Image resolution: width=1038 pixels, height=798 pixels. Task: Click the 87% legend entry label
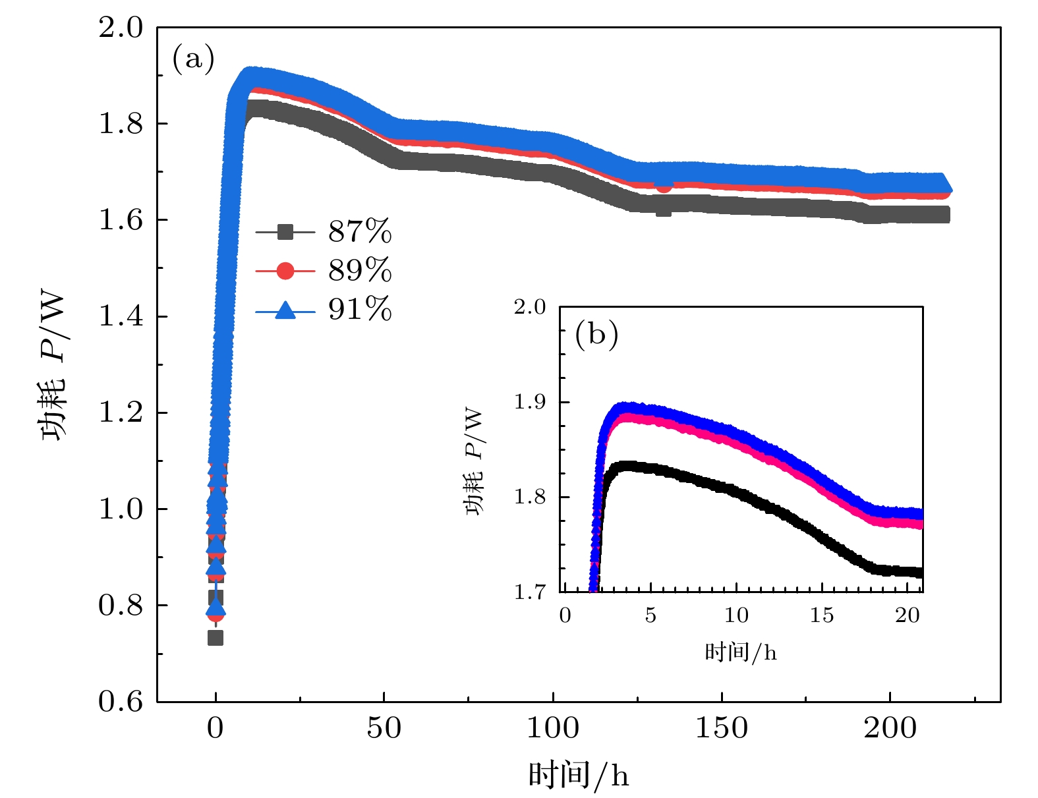coord(360,232)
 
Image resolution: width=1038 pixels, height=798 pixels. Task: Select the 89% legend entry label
coord(360,270)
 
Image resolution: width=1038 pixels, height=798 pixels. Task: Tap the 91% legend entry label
coord(360,308)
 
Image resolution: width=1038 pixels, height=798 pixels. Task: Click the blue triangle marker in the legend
coord(285,309)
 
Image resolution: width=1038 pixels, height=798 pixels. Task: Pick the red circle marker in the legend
coord(285,270)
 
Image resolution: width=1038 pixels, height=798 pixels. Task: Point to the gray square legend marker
coord(285,232)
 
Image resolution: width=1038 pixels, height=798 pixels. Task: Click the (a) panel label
coord(193,59)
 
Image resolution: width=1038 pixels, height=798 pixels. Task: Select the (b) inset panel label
coord(596,334)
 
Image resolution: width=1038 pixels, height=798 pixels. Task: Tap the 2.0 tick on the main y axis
coord(121,28)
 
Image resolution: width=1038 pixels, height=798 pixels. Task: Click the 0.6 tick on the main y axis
coord(121,702)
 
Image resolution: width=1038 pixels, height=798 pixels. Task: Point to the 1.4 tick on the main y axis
coord(121,316)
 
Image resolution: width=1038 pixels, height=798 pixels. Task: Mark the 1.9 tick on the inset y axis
coord(530,402)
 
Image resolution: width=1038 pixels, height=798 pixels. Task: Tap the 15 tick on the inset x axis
coord(822,615)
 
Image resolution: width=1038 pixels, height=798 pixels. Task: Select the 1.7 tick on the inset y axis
coord(530,592)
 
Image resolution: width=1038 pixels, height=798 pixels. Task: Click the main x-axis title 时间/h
coord(579,775)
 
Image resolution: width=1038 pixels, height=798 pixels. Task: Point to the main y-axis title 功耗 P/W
coord(54,366)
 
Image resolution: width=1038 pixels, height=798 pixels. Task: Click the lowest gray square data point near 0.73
coord(216,638)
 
